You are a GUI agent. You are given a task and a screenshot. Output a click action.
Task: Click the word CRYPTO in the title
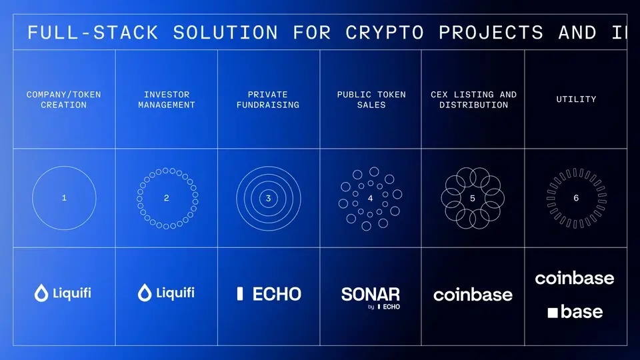(x=385, y=33)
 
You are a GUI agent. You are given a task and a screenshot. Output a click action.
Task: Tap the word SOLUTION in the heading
(x=225, y=33)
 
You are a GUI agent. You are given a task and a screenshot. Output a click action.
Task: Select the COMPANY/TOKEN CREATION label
(x=64, y=99)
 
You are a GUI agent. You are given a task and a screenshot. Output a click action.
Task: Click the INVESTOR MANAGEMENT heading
(x=167, y=99)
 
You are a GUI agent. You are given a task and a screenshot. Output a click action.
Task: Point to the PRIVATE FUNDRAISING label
(x=268, y=99)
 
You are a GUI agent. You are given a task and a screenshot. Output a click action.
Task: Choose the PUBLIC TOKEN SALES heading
(x=371, y=99)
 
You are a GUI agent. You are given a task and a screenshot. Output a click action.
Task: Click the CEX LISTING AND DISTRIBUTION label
(x=473, y=99)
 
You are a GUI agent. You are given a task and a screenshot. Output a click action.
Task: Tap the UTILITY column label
(x=576, y=99)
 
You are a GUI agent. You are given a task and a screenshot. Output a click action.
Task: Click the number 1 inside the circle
(x=64, y=198)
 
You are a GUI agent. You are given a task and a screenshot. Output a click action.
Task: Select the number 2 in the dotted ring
(x=167, y=198)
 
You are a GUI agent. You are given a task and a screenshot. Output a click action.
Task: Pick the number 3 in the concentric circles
(x=268, y=199)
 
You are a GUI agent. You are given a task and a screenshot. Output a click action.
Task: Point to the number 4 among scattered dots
(x=370, y=199)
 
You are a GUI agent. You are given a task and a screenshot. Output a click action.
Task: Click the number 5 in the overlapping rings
(x=473, y=199)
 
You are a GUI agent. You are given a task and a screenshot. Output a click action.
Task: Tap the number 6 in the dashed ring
(x=576, y=198)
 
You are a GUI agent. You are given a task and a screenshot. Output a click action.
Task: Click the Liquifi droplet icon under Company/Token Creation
(x=41, y=293)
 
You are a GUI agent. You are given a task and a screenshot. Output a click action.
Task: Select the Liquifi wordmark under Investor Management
(x=175, y=293)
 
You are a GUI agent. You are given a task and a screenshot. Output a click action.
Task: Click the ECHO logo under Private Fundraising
(x=269, y=294)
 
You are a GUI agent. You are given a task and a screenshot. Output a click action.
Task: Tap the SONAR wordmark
(x=371, y=294)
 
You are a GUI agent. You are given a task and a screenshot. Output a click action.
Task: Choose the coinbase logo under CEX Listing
(x=473, y=295)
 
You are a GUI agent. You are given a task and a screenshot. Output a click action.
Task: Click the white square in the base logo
(x=553, y=313)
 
